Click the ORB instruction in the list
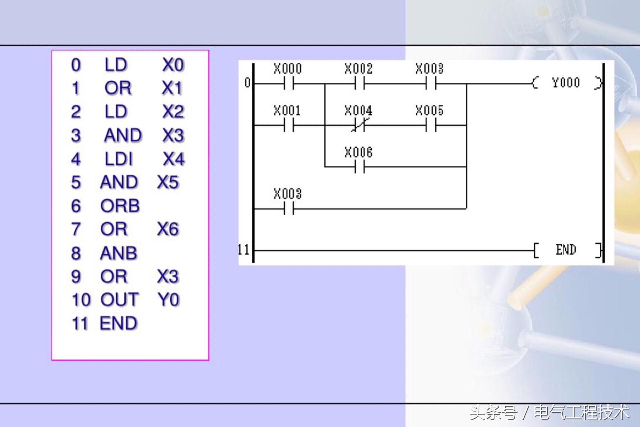(x=120, y=206)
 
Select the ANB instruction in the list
(x=118, y=253)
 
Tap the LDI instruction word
(x=118, y=159)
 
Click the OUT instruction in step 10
(x=120, y=300)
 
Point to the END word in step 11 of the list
(x=118, y=323)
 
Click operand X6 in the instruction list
(x=168, y=230)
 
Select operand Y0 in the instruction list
(x=169, y=300)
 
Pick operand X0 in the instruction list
(x=173, y=65)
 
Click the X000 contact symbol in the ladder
(x=289, y=84)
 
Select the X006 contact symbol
(x=359, y=167)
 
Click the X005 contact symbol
(x=431, y=126)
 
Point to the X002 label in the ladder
(x=358, y=69)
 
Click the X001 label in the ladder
(x=287, y=110)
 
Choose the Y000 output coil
(x=566, y=83)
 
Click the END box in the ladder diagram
(x=566, y=250)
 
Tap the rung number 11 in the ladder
(x=244, y=250)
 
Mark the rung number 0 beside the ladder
(x=247, y=83)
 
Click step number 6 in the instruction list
(x=76, y=206)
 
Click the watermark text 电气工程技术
(x=582, y=413)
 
